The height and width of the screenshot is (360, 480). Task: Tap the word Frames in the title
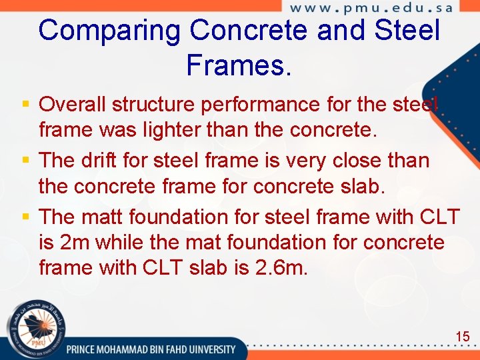239,65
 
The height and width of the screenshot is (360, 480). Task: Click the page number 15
462,337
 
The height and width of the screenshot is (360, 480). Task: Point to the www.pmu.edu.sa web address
371,9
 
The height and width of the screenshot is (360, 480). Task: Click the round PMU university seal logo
32,329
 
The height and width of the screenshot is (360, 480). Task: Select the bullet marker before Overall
25,105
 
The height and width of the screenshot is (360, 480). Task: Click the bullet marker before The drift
25,161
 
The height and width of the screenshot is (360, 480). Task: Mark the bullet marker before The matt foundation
25,217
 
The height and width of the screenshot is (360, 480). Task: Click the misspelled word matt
103,217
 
